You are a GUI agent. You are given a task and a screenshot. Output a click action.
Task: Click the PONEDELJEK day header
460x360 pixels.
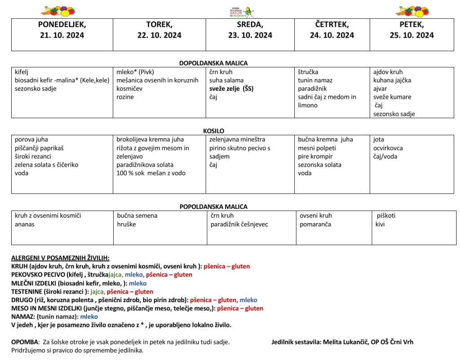click(62, 25)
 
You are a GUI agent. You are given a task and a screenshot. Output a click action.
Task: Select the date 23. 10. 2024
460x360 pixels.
click(250, 35)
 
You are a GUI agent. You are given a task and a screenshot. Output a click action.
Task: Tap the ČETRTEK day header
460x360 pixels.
click(332, 25)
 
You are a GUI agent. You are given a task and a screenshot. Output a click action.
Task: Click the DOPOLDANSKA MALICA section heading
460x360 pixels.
click(213, 63)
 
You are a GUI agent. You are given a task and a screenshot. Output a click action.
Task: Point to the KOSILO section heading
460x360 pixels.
click(213, 131)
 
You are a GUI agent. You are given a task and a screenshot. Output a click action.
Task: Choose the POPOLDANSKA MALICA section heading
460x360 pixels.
click(213, 207)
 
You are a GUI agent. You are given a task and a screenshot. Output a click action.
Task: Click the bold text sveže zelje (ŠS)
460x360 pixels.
click(231, 88)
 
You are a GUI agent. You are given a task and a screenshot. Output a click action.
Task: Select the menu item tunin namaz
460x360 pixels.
click(315, 80)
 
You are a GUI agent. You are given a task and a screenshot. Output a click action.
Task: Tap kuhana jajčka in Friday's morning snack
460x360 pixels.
click(392, 80)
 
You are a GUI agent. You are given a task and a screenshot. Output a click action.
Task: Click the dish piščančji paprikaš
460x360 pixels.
click(40, 148)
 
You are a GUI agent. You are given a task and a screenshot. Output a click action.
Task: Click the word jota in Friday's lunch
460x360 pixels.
click(379, 140)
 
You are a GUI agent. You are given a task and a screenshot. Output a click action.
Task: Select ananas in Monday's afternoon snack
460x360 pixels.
click(24, 224)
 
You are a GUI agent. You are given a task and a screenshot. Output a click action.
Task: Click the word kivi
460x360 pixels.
click(380, 224)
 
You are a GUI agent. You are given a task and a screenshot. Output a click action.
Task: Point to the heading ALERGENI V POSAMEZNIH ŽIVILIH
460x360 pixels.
click(60, 258)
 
